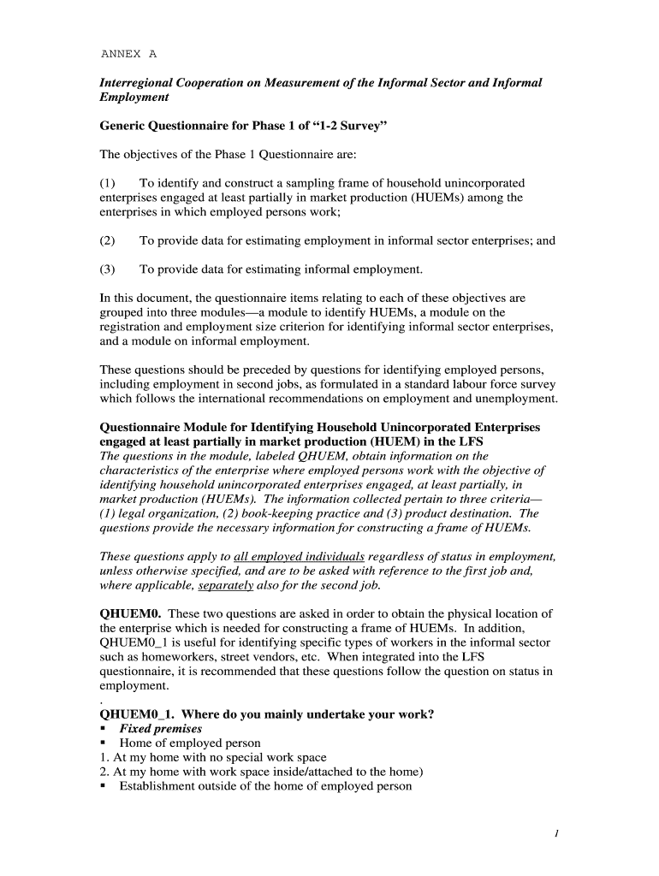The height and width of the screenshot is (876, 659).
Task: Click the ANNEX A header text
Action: click(128, 53)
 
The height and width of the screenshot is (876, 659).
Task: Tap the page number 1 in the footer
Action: click(555, 835)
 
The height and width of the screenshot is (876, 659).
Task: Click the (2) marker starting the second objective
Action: click(107, 240)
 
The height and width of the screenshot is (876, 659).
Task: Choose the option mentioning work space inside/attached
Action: click(262, 771)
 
